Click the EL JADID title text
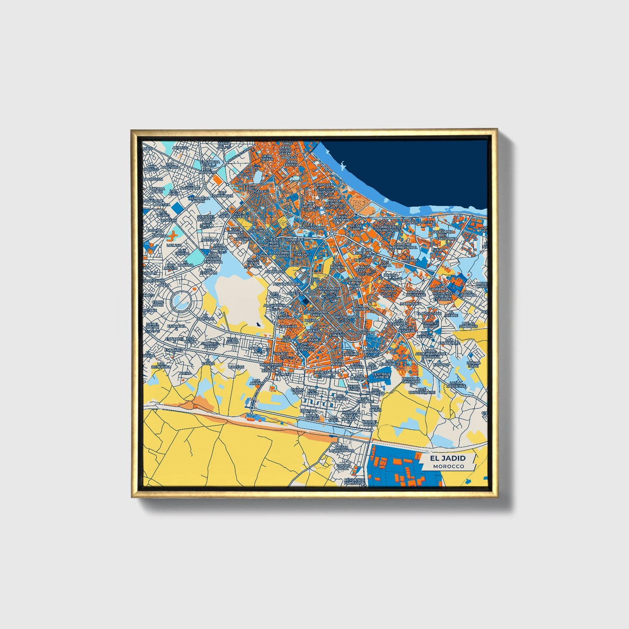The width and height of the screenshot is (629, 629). coord(447,458)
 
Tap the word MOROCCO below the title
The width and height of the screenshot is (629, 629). coord(448,466)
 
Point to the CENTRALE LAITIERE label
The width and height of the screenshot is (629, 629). coord(381,375)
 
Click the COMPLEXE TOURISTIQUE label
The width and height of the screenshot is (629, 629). coord(387,228)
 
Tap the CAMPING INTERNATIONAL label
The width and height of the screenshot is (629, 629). coord(403,246)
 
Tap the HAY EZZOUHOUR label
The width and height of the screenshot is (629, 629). coord(222,194)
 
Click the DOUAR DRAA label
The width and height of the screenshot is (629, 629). coord(343,466)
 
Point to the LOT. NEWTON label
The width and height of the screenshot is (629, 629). coord(425,335)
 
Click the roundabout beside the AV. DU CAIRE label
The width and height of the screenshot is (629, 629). coord(332,234)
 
